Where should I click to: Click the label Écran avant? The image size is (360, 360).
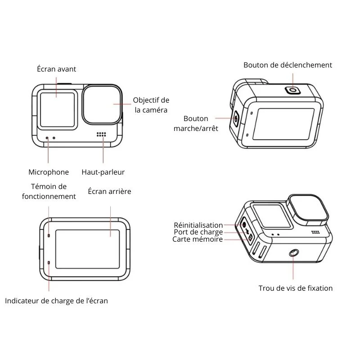pyautogui.click(x=57, y=69)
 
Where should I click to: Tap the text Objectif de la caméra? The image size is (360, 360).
pyautogui.click(x=151, y=105)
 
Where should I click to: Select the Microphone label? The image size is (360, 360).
pyautogui.click(x=49, y=172)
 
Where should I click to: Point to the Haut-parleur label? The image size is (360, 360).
pyautogui.click(x=103, y=172)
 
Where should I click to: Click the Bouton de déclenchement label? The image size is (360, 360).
pyautogui.click(x=288, y=65)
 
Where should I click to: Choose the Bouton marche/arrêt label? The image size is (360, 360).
pyautogui.click(x=196, y=123)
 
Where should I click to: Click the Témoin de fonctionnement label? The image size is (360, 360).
pyautogui.click(x=49, y=191)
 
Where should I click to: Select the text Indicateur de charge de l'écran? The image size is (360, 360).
pyautogui.click(x=57, y=301)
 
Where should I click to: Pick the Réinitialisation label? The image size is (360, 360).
pyautogui.click(x=198, y=225)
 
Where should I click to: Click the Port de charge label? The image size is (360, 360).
pyautogui.click(x=198, y=232)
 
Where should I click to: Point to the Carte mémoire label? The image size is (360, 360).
pyautogui.click(x=198, y=239)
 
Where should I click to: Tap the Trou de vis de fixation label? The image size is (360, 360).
pyautogui.click(x=296, y=288)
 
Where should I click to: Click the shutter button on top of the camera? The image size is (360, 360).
pyautogui.click(x=293, y=90)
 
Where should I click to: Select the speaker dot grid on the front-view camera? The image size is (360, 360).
pyautogui.click(x=101, y=134)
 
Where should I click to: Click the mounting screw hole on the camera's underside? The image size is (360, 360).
pyautogui.click(x=293, y=253)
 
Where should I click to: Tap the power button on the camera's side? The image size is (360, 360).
pyautogui.click(x=236, y=119)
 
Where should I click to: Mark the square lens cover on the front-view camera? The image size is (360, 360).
pyautogui.click(x=102, y=105)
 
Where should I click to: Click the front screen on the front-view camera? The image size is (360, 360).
pyautogui.click(x=58, y=110)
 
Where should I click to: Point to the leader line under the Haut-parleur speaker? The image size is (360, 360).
pyautogui.click(x=103, y=149)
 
